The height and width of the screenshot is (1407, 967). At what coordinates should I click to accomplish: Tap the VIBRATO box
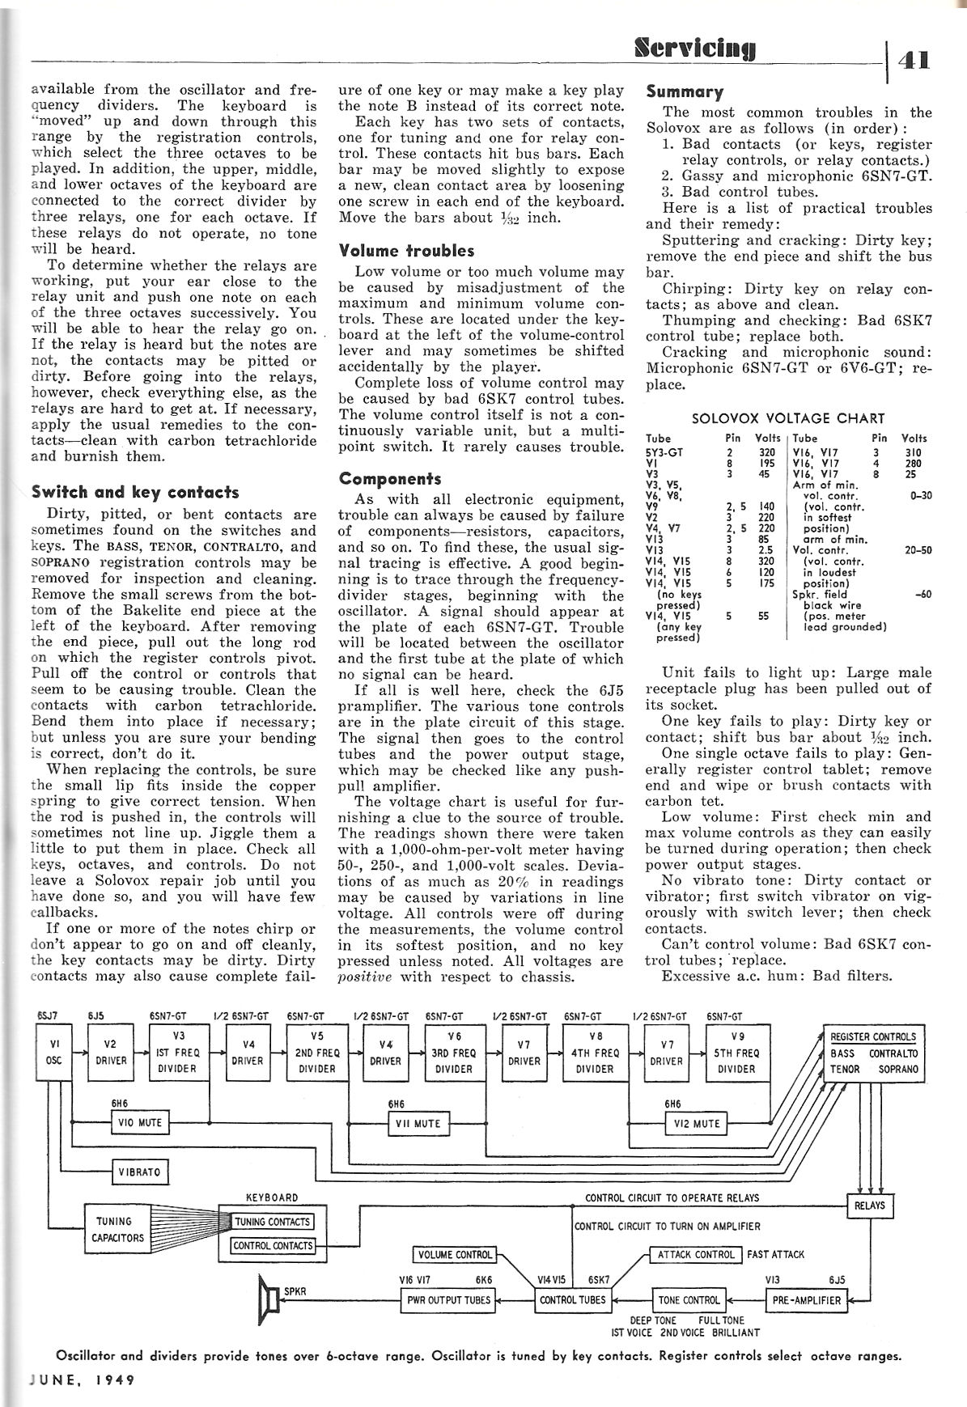[140, 1172]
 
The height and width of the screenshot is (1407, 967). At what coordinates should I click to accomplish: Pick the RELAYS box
[870, 1206]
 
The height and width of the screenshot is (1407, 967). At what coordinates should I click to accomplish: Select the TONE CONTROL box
[689, 1300]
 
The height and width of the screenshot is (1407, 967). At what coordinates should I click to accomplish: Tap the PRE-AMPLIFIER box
[805, 1300]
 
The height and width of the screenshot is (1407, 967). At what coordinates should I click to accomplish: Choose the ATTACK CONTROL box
[696, 1255]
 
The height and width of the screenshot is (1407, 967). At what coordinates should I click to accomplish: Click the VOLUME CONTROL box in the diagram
[456, 1255]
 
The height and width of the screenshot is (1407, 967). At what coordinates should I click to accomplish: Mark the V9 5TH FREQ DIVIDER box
[736, 1053]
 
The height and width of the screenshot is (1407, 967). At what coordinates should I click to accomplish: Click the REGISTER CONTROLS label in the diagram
[873, 1036]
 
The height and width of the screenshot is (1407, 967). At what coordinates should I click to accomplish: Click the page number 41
[913, 59]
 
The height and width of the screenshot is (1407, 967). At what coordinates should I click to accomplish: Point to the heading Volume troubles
[406, 251]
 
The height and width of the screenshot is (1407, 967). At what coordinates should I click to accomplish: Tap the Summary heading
[685, 91]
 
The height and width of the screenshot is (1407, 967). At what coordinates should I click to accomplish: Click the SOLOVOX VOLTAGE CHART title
[788, 418]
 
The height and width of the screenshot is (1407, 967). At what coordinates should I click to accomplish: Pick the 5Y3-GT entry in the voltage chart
[664, 452]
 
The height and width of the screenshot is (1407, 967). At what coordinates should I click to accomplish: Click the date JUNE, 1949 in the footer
[79, 1379]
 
